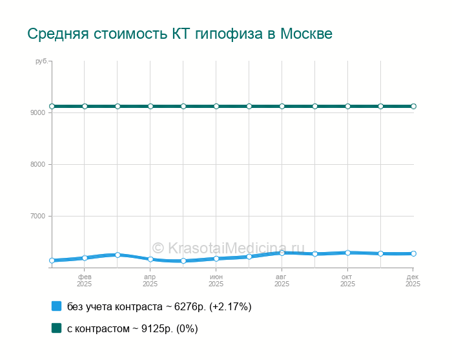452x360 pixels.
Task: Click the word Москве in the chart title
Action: point(306,33)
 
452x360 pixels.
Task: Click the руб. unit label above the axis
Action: point(41,61)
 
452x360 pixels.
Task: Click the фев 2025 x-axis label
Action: point(85,280)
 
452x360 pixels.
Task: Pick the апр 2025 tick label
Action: point(150,280)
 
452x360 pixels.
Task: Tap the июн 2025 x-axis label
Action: point(216,280)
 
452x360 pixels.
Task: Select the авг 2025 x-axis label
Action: point(282,280)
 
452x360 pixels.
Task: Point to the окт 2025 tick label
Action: point(348,280)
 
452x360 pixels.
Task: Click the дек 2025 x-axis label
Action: point(413,280)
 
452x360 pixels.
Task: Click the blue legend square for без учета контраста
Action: point(56,306)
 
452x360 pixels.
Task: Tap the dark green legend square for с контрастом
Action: point(56,328)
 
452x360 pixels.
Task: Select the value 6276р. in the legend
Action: point(190,306)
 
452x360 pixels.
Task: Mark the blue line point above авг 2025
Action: point(282,253)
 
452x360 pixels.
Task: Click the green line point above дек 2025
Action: point(413,106)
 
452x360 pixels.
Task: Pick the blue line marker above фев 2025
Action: point(85,258)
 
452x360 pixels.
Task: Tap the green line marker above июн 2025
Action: point(216,106)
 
